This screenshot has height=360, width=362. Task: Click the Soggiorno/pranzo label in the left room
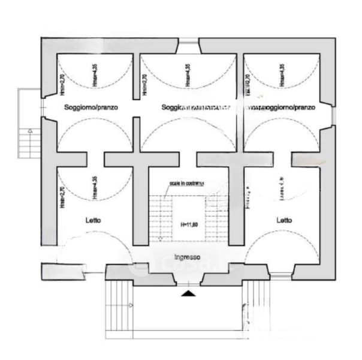pyautogui.click(x=92, y=107)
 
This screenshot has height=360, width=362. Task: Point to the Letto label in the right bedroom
pyautogui.click(x=284, y=220)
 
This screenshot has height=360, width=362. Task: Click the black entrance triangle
pyautogui.click(x=188, y=293)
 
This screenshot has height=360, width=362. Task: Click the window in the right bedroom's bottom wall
pyautogui.click(x=279, y=275)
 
